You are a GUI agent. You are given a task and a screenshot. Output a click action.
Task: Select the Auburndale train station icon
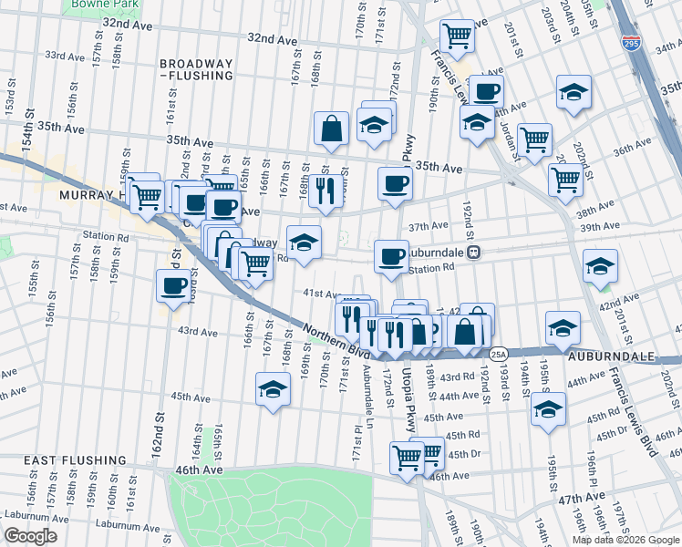473,253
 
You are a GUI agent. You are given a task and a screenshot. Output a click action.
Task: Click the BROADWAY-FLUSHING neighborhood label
198,71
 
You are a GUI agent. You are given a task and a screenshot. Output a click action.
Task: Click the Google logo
31,536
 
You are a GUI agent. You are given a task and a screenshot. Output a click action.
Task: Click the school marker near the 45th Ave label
547,408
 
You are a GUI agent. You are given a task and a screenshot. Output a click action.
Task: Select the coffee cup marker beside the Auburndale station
391,254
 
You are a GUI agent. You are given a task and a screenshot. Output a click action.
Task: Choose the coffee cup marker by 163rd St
172,284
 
